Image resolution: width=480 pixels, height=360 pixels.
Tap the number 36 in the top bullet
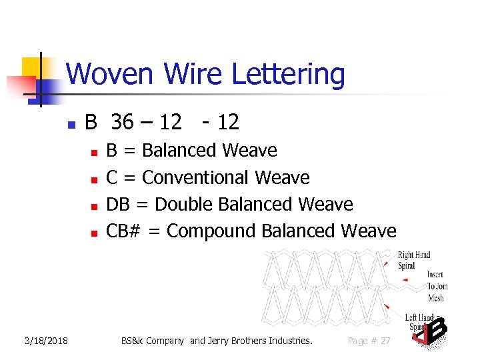(x=122, y=122)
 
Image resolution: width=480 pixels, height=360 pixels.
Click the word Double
(x=184, y=204)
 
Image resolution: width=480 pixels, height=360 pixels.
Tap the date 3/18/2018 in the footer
(x=46, y=341)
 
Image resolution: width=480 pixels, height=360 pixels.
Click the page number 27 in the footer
(x=385, y=341)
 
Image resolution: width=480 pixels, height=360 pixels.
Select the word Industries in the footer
(x=287, y=341)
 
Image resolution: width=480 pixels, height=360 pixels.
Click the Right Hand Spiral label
(x=413, y=260)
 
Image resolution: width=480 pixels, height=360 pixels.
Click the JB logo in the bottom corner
(x=430, y=333)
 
